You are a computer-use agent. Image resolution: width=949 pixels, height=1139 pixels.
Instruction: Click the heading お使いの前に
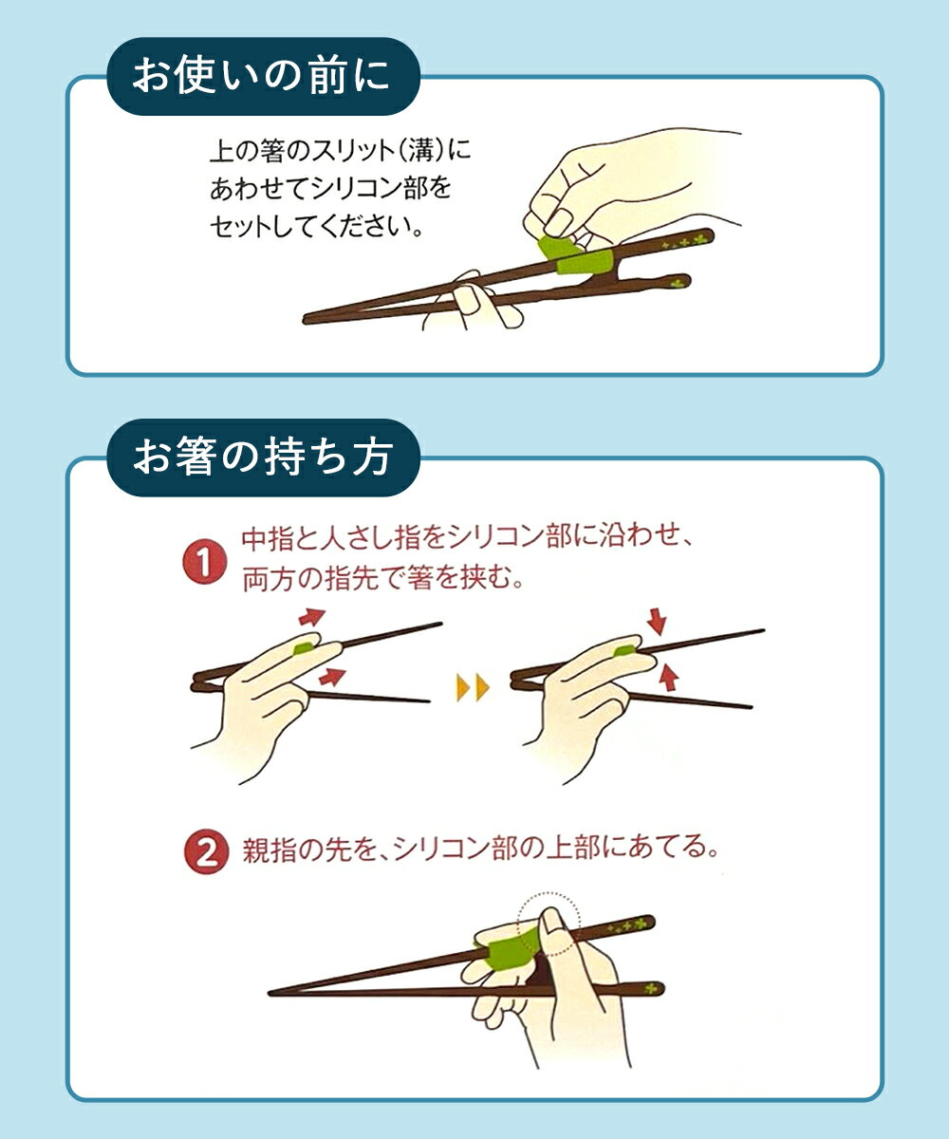pyautogui.click(x=261, y=76)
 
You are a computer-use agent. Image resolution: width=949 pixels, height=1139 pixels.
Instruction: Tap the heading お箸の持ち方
pyautogui.click(x=263, y=457)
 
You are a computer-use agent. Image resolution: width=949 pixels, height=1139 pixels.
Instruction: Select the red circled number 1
pyautogui.click(x=205, y=563)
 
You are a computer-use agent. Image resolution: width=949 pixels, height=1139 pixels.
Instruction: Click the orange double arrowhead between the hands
pyautogui.click(x=473, y=687)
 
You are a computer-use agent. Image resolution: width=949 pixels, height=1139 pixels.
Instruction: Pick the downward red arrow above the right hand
pyautogui.click(x=657, y=622)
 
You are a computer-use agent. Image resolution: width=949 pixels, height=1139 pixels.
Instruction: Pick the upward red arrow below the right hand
pyautogui.click(x=667, y=678)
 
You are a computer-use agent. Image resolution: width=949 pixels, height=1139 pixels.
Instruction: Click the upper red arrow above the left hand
pyautogui.click(x=312, y=616)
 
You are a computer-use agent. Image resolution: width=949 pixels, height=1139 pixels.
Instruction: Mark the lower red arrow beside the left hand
pyautogui.click(x=332, y=677)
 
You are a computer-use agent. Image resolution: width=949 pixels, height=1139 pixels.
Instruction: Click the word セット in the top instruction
pyautogui.click(x=240, y=226)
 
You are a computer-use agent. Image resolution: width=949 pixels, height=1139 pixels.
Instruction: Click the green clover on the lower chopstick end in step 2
pyautogui.click(x=650, y=988)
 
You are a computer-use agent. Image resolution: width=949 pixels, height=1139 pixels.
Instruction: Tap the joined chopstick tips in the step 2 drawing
pyautogui.click(x=271, y=992)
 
